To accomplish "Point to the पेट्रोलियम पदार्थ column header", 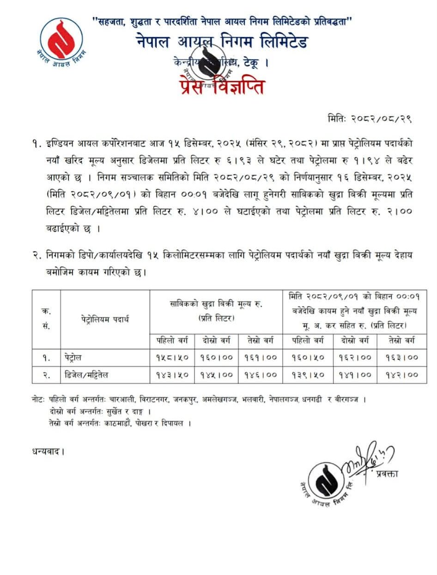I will tap(105, 319).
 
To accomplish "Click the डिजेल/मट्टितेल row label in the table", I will tap(86, 374).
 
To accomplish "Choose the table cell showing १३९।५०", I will tap(308, 374).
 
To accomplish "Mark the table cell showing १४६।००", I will tap(260, 374).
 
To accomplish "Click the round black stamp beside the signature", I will tap(326, 481).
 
